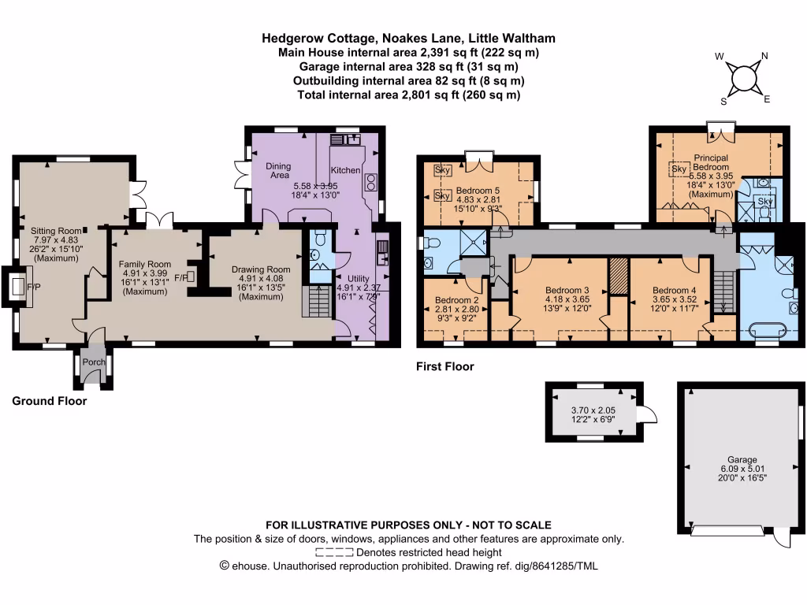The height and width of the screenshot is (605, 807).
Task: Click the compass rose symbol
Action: (x=743, y=79)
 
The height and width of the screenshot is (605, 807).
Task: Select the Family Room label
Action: (x=144, y=264)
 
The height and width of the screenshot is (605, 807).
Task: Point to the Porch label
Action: (x=94, y=362)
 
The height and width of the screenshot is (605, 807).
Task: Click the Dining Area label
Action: (x=278, y=171)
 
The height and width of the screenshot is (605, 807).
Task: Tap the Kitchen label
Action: (x=345, y=170)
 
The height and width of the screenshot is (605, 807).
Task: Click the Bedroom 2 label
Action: (x=456, y=300)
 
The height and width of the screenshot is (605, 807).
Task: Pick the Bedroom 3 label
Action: (x=567, y=289)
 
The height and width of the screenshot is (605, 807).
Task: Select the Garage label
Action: (x=742, y=459)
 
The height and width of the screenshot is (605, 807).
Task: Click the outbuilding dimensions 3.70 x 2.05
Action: (x=592, y=410)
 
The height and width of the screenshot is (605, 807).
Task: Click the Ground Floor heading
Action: (x=49, y=401)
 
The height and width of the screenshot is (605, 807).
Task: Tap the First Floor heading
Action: (x=444, y=366)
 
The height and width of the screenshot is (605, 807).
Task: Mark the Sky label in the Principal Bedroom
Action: (x=678, y=169)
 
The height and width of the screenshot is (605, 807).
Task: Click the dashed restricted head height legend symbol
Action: (x=334, y=553)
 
